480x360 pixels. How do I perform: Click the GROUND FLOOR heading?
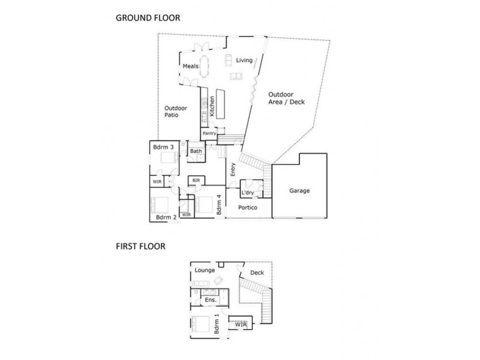coord(148,18)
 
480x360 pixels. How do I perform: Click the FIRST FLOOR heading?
coord(140,246)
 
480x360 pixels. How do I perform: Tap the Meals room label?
coord(191,67)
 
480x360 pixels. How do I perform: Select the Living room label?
coord(244,60)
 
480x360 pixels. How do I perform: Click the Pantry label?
coord(209,133)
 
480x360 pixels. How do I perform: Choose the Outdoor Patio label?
coord(176,112)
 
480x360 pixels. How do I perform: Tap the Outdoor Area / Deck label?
coord(286,98)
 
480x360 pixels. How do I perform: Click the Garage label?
coord(299,191)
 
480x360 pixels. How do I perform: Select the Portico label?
coord(248,208)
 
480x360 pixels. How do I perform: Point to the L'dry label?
coord(247,193)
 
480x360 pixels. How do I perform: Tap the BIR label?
coord(196,180)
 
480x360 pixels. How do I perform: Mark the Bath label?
coord(196,151)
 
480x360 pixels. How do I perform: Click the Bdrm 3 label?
coord(163,147)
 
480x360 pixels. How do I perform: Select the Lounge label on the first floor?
coord(205,271)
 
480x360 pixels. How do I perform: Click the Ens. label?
coord(210,299)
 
